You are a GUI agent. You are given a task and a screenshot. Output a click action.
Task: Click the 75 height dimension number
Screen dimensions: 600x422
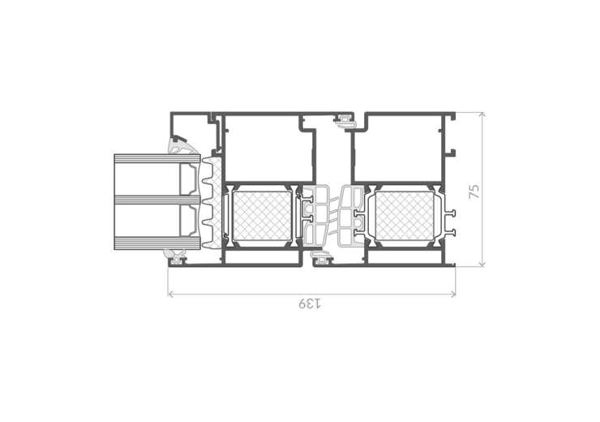(474, 191)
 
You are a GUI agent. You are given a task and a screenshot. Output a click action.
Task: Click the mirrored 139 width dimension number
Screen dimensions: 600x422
(310, 304)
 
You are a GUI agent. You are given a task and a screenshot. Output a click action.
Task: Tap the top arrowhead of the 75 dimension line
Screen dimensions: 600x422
(482, 114)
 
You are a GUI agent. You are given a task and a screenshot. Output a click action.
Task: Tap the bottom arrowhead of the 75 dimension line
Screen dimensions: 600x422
(482, 264)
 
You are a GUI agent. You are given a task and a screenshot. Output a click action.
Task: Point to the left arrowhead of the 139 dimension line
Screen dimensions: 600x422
(171, 294)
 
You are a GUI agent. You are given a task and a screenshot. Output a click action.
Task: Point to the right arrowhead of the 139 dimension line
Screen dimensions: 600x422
(453, 294)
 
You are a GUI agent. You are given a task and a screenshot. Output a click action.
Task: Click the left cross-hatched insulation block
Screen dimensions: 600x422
(262, 217)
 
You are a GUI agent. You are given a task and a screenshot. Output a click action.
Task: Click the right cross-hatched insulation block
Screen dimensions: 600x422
(405, 217)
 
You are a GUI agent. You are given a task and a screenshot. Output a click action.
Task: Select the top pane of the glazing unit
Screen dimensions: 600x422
(157, 157)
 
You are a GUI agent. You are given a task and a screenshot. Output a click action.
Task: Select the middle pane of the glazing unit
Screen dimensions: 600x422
(157, 200)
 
